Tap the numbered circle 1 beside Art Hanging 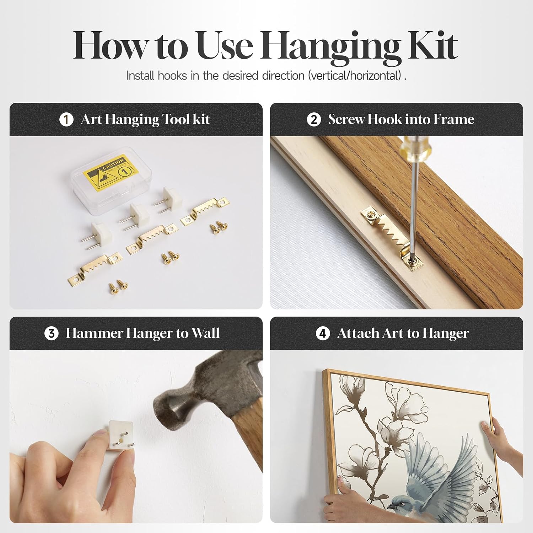tap(66, 120)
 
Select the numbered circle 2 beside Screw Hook tap(314, 120)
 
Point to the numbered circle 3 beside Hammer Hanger tap(52, 333)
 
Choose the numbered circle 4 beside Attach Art tap(323, 334)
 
